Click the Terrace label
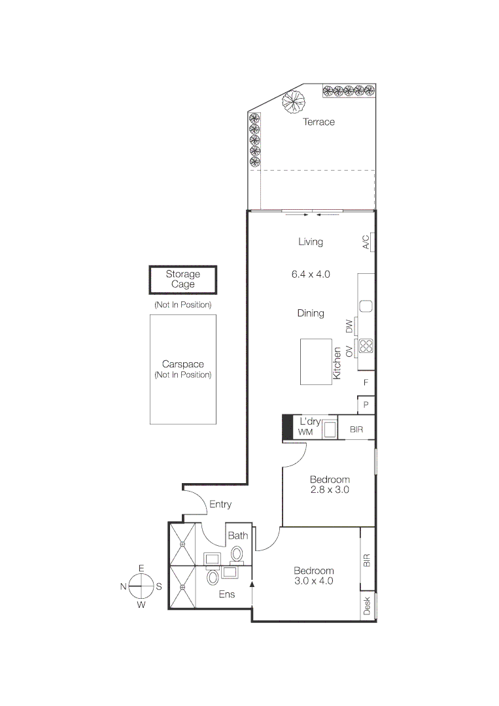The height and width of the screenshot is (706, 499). pyautogui.click(x=318, y=122)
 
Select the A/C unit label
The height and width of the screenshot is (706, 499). pyautogui.click(x=366, y=242)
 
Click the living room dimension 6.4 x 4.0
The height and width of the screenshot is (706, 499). pyautogui.click(x=311, y=275)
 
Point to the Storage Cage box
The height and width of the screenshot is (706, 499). pyautogui.click(x=182, y=280)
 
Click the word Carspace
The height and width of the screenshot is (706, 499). pyautogui.click(x=182, y=364)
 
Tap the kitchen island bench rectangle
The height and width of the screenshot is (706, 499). pyautogui.click(x=317, y=361)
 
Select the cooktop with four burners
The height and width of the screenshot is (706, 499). pyautogui.click(x=366, y=346)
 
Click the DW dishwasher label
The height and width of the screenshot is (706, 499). pyautogui.click(x=349, y=325)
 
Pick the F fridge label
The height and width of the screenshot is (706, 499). pyautogui.click(x=366, y=382)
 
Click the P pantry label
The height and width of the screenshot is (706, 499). pyautogui.click(x=366, y=405)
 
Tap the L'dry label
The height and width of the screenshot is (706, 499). pyautogui.click(x=310, y=422)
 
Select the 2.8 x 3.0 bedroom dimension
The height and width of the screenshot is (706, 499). pyautogui.click(x=330, y=489)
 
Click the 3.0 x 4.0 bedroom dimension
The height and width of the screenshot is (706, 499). pyautogui.click(x=313, y=580)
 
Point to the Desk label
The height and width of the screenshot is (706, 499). pyautogui.click(x=367, y=605)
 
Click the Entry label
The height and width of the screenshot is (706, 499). pyautogui.click(x=220, y=505)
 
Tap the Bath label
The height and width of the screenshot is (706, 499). pyautogui.click(x=237, y=535)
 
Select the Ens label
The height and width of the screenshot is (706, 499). pyautogui.click(x=226, y=594)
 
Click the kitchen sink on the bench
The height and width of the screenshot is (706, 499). pyautogui.click(x=366, y=305)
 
